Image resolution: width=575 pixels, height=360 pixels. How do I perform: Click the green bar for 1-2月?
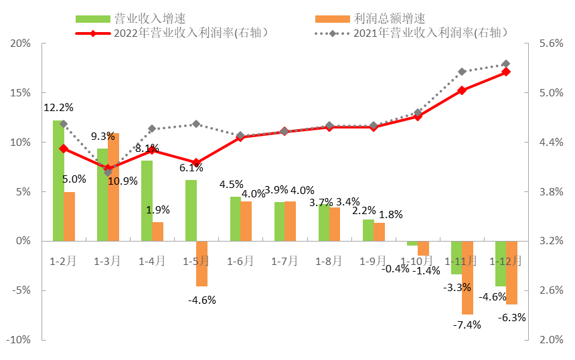point(59,181)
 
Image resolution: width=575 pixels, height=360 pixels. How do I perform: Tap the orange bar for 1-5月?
point(202,264)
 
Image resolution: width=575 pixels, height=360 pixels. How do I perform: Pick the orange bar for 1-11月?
point(467,277)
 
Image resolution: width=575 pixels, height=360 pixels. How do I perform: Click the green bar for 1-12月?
point(500,264)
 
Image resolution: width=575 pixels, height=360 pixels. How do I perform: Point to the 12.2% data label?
point(58,107)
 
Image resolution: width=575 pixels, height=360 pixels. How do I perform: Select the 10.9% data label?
point(123,181)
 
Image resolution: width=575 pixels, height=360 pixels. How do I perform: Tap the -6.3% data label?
point(512,317)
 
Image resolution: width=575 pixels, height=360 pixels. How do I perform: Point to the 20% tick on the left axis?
point(21,43)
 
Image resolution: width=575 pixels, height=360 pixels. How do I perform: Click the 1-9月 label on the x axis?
point(374,261)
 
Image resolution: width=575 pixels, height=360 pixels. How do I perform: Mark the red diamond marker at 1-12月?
point(506,72)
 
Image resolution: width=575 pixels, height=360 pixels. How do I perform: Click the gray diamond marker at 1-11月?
point(462,72)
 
